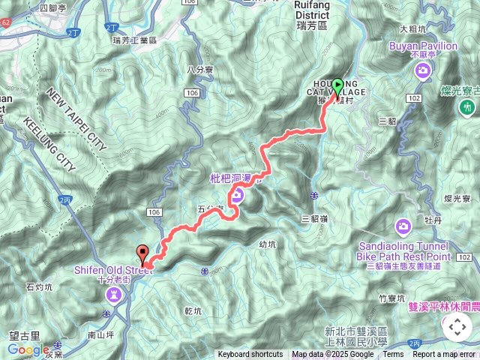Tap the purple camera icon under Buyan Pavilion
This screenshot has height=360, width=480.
pos(424,71)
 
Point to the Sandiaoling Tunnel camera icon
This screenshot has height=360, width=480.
pos(403,226)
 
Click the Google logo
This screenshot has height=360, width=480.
pos(28,349)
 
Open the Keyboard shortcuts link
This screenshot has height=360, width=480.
pos(250,355)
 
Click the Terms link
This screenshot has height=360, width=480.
pos(393,355)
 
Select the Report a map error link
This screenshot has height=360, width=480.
pos(445,355)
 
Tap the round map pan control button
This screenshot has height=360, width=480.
pos(457,327)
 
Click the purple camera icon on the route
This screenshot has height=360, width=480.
pos(238,196)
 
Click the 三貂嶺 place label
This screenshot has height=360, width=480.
pos(315,218)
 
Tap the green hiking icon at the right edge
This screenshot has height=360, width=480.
pos(468,109)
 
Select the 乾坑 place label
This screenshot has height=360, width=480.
pos(192,310)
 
